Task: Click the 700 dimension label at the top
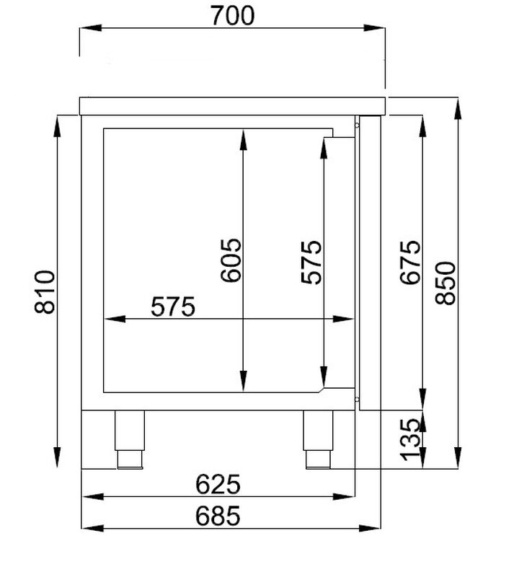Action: coord(232,16)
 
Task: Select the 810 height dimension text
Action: coord(45,292)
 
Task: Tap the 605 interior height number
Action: coord(231,260)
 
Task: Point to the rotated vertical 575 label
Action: coord(311,262)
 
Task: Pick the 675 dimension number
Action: coord(409,263)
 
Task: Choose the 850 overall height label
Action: coord(445,283)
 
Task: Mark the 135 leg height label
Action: coord(409,440)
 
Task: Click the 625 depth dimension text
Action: coord(218,484)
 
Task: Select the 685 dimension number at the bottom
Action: coord(218,516)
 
